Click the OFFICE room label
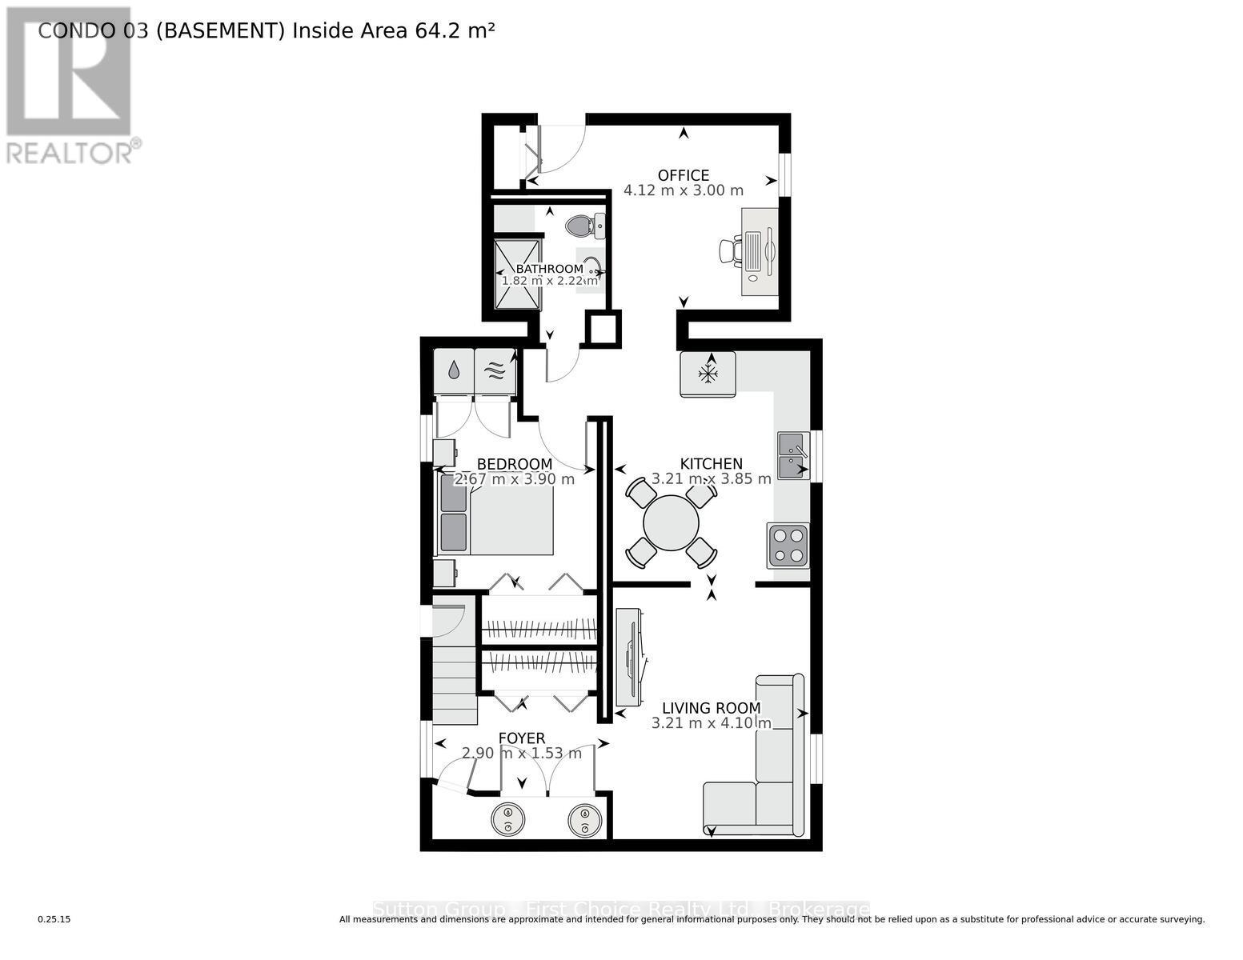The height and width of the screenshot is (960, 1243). click(683, 175)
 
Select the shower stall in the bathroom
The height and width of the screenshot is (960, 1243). click(517, 274)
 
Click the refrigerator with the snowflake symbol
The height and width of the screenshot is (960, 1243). click(708, 374)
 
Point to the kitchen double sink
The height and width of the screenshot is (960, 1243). click(792, 455)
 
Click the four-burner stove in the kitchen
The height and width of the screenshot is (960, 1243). click(788, 546)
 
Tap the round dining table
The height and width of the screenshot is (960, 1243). click(671, 523)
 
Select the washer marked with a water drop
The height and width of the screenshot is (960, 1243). click(453, 370)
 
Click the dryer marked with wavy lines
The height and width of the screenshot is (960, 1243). click(495, 370)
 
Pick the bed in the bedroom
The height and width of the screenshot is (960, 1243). click(495, 513)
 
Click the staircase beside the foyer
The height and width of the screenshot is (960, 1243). click(455, 680)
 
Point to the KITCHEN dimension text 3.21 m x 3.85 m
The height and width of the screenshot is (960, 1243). click(711, 478)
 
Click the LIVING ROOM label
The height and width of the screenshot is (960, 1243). click(711, 708)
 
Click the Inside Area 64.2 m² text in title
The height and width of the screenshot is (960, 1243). click(393, 30)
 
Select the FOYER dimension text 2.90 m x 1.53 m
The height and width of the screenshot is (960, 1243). click(522, 753)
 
